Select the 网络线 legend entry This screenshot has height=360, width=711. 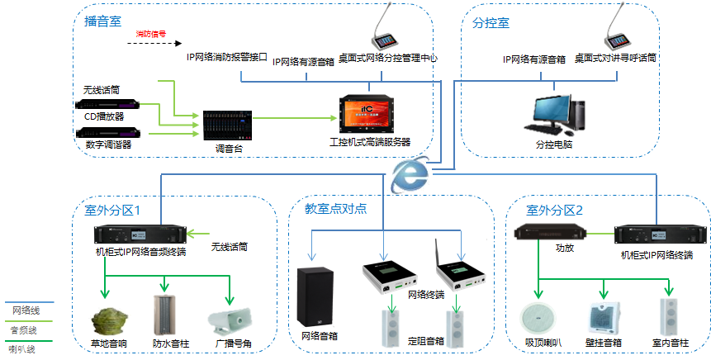[x=26, y=310]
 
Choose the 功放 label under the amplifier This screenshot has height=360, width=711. [x=565, y=247]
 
